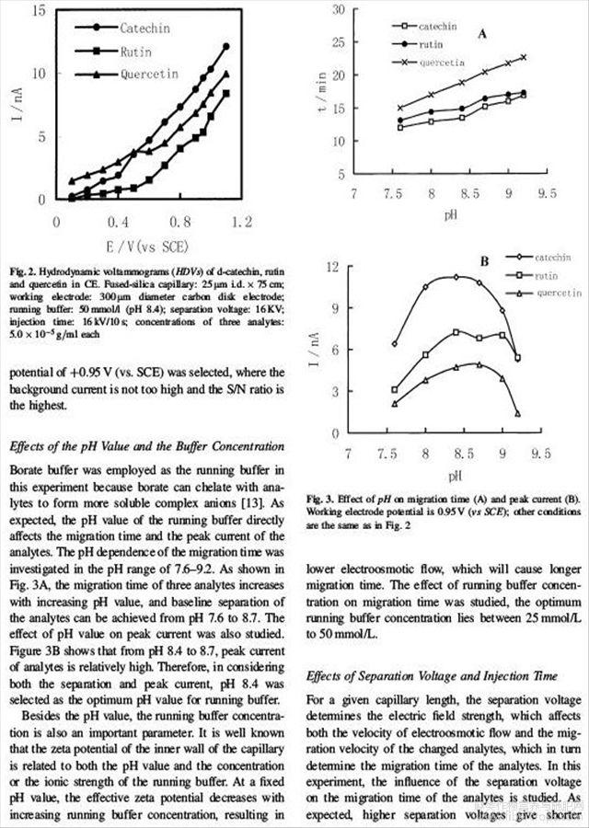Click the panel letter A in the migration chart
pos(482,34)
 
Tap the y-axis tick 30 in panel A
pos(338,10)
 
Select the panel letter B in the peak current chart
pos(482,261)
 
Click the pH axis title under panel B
pos(455,476)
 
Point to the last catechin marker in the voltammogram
pos(225,46)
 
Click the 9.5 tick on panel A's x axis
pos(548,195)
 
